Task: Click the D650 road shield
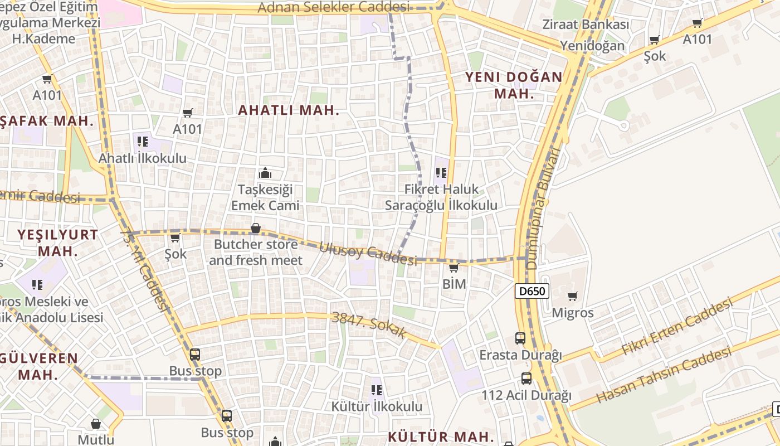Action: coord(532,291)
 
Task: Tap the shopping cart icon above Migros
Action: coord(572,296)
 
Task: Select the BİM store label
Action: coord(454,284)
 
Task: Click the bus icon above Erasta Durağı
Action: coord(520,338)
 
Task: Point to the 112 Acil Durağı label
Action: coord(526,396)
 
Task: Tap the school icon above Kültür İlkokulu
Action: coord(377,390)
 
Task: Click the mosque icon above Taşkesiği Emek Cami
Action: coord(265,173)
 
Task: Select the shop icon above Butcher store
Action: coord(256,228)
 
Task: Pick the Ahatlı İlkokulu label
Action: coord(143,158)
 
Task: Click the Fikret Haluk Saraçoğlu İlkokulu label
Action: coord(441,197)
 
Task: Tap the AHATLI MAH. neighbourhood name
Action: coord(289,110)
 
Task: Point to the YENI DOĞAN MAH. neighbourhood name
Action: coord(514,85)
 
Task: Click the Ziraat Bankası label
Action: coord(586,25)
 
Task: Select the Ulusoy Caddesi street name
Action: coord(368,254)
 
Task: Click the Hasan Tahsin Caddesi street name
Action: coord(663,375)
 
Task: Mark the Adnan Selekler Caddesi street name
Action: coord(333,7)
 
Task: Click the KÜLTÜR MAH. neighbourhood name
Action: coord(441,437)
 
